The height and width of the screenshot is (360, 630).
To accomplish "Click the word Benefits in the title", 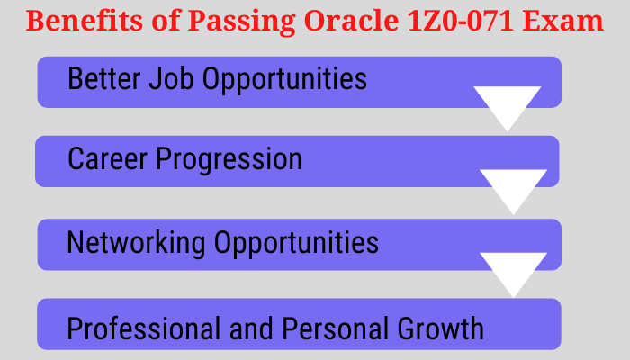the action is tap(85, 21).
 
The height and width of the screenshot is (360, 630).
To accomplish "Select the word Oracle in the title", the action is tap(352, 21).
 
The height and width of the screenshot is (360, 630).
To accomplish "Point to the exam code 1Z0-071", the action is tap(461, 21).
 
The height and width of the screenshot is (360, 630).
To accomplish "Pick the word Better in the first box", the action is tap(104, 78).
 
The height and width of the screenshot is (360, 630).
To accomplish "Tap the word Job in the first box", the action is tap(172, 78).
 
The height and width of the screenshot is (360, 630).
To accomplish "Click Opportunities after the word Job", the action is tap(284, 80).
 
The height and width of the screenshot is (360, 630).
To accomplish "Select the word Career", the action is tap(107, 158).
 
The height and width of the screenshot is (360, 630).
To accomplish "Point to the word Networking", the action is tap(136, 242).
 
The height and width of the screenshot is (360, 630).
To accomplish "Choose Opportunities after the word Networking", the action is tap(296, 244).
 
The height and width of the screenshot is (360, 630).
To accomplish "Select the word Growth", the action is tap(440, 328).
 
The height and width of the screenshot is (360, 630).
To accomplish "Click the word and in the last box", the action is tap(251, 328).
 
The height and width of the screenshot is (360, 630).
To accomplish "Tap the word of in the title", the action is tap(165, 21).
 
